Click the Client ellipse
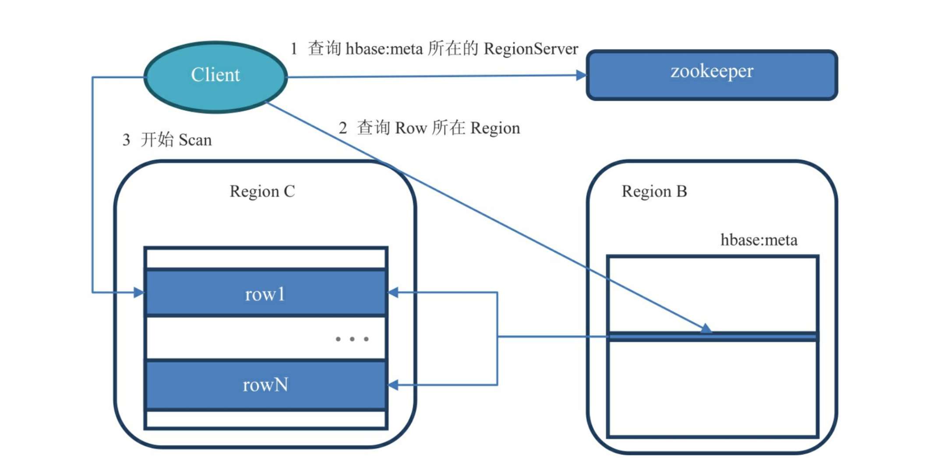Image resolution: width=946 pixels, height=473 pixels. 215,77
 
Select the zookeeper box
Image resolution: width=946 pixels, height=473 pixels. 711,75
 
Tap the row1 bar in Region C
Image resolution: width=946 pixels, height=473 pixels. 265,293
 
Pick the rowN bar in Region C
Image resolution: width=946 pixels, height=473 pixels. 265,385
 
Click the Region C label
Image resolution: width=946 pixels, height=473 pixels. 262,191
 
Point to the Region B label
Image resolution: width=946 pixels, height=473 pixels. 654,191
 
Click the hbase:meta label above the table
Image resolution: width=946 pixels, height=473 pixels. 759,240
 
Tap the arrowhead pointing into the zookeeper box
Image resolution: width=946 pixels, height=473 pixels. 581,75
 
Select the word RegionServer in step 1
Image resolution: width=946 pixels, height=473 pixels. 531,49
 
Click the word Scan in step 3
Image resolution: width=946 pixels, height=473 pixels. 195,140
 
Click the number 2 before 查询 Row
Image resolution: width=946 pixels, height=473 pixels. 343,128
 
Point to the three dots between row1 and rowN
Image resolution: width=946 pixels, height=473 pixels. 352,339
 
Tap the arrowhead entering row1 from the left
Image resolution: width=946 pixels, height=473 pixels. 139,292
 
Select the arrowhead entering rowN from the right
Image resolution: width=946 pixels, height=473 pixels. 393,385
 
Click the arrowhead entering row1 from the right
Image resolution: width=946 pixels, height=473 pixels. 393,292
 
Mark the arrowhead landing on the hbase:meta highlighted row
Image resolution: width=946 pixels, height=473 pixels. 706,328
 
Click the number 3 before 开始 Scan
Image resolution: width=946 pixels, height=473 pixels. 126,140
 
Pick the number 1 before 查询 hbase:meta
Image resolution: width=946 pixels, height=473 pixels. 294,49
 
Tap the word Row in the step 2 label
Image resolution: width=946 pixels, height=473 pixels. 411,128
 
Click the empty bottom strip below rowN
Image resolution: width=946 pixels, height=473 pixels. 265,419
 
